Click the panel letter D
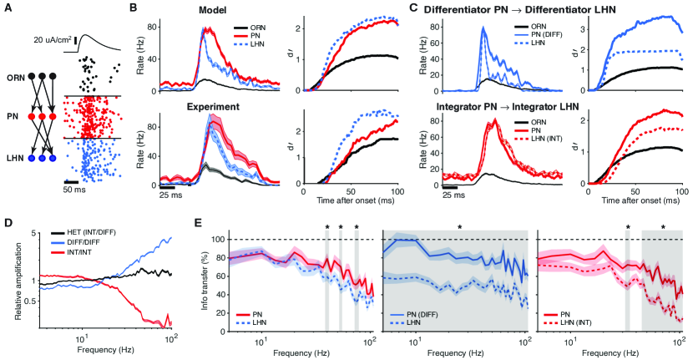(x=7, y=224)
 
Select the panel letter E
(x=196, y=224)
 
